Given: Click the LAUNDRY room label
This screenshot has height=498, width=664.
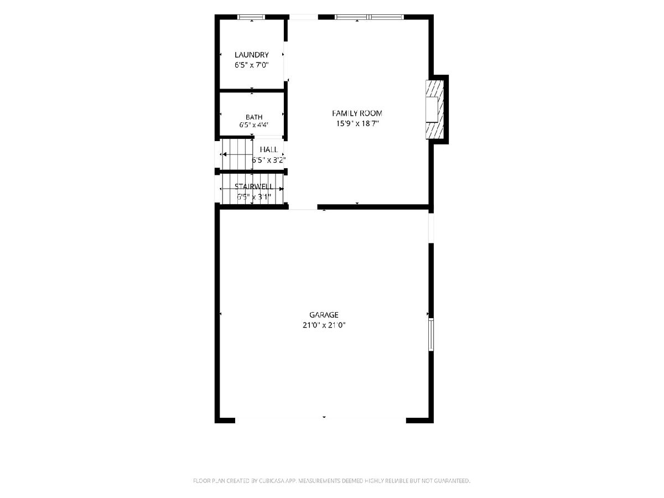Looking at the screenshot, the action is click(251, 55).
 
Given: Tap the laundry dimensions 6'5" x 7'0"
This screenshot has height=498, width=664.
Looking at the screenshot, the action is click(251, 65).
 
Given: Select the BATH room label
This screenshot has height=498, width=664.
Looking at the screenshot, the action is click(254, 117).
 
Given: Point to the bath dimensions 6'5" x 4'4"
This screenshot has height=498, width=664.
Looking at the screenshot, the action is click(254, 124).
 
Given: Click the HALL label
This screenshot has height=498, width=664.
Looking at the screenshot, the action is click(268, 149).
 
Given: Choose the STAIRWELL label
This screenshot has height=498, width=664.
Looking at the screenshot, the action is click(254, 186).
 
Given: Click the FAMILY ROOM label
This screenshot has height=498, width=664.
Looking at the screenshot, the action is click(357, 113).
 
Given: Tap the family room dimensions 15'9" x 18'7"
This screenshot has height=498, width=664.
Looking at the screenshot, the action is click(357, 123).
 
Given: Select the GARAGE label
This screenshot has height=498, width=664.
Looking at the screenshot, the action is click(324, 315).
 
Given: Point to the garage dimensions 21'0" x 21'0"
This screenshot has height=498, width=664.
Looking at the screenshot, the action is click(324, 325).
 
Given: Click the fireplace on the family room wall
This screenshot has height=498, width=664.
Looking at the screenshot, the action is click(435, 110).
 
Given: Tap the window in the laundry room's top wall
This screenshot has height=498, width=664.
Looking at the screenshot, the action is click(251, 17).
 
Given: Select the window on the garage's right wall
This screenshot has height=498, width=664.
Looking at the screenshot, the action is click(431, 334).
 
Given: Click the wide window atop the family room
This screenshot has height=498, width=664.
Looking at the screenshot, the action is click(369, 17).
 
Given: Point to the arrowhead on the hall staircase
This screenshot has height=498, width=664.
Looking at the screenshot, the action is click(225, 154).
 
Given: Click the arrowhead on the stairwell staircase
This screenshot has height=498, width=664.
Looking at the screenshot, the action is click(281, 189).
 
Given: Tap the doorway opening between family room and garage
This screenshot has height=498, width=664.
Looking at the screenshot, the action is click(303, 207).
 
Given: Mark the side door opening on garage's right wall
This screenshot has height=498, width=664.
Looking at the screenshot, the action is click(431, 228).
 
